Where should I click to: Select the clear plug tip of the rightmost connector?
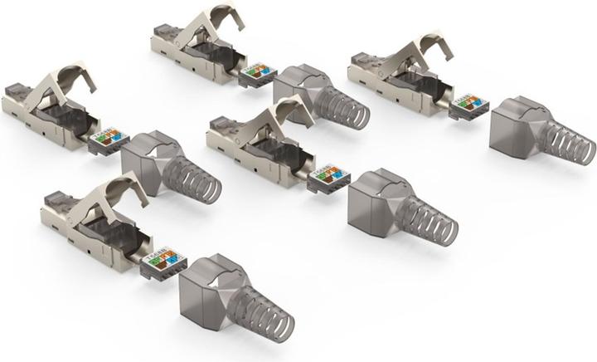[x=360, y=60]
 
